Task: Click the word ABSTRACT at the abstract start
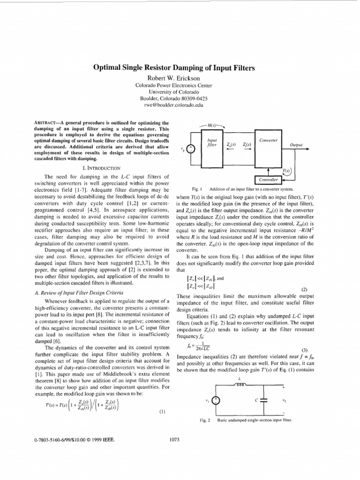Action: click(x=45, y=123)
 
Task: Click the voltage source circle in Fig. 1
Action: click(x=191, y=150)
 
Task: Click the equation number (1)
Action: click(x=162, y=412)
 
